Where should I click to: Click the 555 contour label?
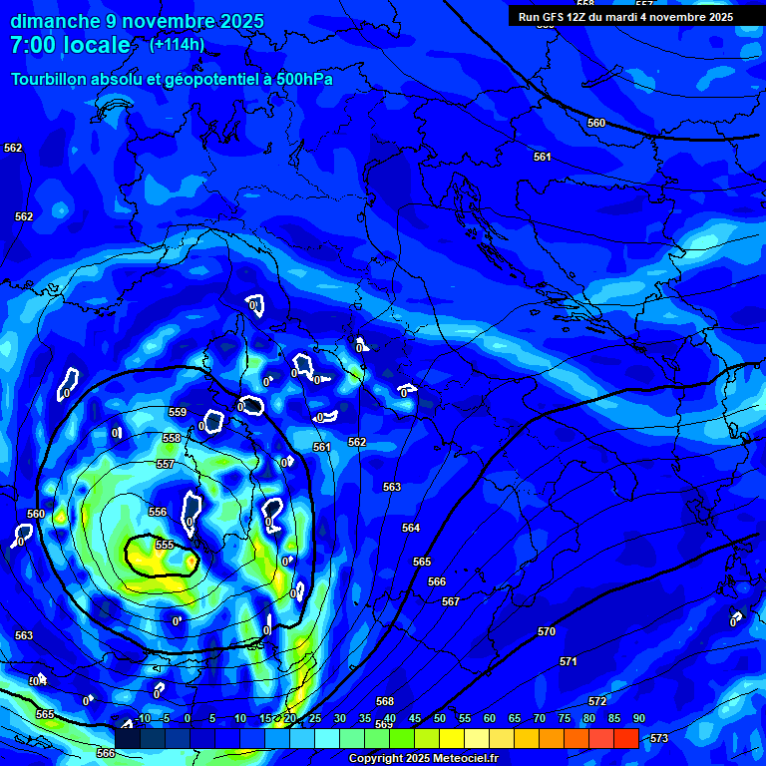(165, 545)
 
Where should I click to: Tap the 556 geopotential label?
(158, 512)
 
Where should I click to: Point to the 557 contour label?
(166, 465)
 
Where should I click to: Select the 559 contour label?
(178, 412)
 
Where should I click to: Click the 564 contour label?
(411, 528)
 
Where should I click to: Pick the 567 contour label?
(451, 601)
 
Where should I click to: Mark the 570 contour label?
(546, 632)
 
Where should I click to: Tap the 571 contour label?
(569, 662)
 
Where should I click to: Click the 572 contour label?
(597, 702)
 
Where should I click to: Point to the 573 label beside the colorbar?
(659, 738)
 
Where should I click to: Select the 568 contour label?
(385, 701)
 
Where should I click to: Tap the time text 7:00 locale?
(70, 45)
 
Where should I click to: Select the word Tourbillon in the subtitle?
(48, 79)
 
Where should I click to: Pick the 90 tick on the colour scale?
(638, 719)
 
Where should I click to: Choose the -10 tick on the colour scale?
(143, 719)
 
